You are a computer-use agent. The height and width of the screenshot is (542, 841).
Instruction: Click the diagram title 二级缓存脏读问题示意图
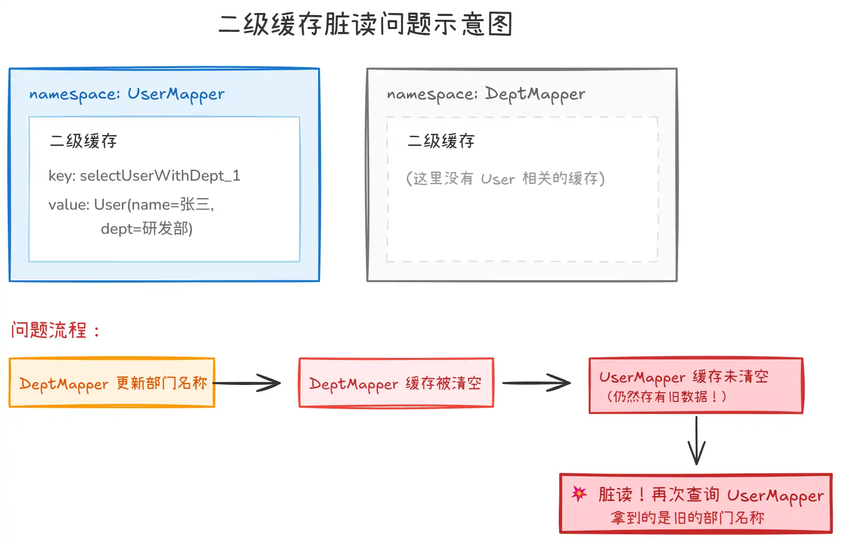coord(365,24)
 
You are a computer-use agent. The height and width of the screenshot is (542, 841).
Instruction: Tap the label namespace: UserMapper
coord(127,94)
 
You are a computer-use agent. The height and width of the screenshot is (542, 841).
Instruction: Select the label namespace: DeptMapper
coord(486,94)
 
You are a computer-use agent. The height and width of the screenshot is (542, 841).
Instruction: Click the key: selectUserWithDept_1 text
coord(144,175)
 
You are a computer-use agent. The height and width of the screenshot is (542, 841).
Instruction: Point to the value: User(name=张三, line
coord(131,204)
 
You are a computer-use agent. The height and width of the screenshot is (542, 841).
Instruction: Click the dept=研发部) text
coord(146,228)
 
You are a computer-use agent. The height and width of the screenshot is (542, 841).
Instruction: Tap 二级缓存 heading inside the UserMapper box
coord(84,141)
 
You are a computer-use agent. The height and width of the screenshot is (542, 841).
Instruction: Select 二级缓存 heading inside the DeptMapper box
coord(441,141)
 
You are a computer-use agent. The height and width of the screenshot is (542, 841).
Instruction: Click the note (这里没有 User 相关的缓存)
coord(505,179)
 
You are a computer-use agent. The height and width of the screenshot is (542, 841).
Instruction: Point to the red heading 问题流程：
coord(55,330)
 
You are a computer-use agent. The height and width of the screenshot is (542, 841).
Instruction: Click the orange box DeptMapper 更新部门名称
coord(112,383)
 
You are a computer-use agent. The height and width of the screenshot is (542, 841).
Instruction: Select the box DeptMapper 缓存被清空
coord(396,383)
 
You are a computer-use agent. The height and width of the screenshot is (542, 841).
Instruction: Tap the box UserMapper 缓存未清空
coord(696,385)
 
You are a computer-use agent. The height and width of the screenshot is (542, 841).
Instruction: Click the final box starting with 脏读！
coord(696,503)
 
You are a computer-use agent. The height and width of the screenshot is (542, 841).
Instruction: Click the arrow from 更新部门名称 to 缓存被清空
coord(247,383)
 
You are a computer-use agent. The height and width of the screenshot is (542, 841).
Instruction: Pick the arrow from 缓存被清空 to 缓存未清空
coord(536,383)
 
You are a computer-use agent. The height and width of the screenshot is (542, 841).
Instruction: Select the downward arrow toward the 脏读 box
coord(696,441)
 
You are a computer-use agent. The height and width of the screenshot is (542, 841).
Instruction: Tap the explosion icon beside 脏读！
coord(579,493)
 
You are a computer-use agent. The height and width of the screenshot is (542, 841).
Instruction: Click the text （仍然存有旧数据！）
coord(667,397)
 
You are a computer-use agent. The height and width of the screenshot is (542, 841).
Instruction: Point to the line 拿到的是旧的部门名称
coord(687,518)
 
